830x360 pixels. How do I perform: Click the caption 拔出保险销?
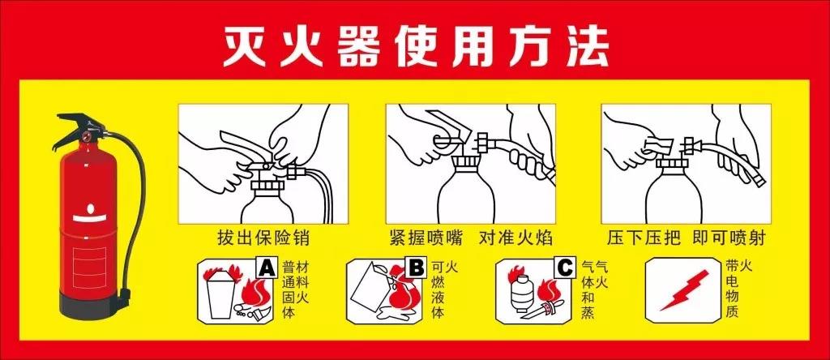263,238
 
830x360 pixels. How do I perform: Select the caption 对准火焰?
516,238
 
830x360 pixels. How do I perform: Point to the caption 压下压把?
643,238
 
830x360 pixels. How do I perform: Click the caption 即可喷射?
729,238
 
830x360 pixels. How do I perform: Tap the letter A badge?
267,268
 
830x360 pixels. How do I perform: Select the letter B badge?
417,268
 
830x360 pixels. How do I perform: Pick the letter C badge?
565,268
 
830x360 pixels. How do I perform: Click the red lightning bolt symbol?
684,290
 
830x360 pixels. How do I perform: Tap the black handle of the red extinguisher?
79,127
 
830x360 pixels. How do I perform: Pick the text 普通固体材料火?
295,289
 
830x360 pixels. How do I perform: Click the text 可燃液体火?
445,289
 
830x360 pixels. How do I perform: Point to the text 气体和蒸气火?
594,289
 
